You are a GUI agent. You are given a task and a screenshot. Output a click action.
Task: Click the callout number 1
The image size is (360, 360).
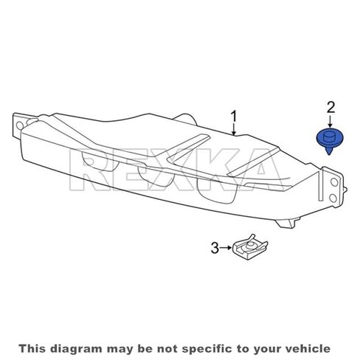[234, 117]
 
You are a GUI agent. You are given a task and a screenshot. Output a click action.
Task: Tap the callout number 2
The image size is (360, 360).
[330, 108]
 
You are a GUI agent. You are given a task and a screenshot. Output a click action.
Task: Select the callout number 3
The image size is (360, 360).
[215, 248]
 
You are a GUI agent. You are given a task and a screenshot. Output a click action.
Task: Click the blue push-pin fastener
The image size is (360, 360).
[330, 141]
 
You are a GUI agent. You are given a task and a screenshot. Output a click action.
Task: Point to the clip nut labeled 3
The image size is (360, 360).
[249, 248]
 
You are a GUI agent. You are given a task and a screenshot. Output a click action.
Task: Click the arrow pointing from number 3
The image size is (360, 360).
[226, 248]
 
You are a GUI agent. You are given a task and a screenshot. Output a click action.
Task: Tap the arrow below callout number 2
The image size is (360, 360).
[330, 122]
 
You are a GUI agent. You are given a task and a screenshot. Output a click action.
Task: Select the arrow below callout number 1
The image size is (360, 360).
[234, 129]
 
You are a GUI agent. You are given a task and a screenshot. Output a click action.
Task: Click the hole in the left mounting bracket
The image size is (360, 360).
[19, 125]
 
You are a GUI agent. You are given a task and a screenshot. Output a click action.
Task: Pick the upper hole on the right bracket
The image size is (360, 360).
[334, 182]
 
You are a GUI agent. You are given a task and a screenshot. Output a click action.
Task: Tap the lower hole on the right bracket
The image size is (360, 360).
[333, 198]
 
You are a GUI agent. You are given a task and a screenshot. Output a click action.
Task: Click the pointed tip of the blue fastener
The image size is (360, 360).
[329, 155]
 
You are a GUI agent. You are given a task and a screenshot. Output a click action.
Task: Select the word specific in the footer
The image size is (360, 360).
[209, 348]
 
